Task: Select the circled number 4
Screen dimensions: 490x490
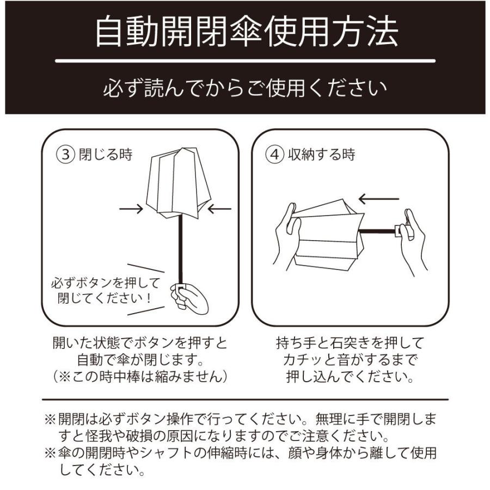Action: point(274,155)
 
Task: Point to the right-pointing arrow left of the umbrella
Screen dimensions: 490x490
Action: point(131,208)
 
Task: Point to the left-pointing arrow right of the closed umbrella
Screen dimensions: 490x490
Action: point(219,208)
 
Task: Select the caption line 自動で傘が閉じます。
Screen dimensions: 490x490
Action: point(140,360)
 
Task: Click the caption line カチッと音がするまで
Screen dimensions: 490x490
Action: point(350,360)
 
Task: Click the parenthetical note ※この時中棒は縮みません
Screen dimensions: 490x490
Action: point(140,376)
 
